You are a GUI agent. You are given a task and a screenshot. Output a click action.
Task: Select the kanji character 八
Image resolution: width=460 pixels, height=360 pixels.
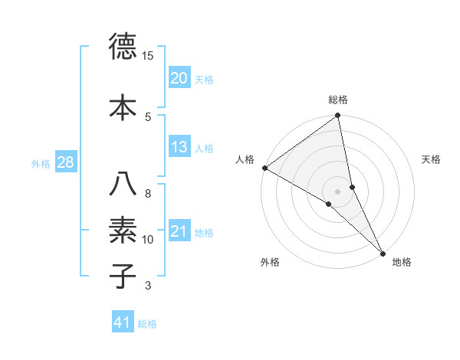point(123,184)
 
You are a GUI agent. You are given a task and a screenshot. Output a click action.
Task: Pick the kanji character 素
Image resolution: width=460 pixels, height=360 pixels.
point(123,230)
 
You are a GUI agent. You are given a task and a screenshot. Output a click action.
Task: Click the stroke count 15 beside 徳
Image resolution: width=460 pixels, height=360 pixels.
point(148,56)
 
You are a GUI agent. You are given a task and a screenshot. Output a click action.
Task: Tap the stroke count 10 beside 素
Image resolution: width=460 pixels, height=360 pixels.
point(148,240)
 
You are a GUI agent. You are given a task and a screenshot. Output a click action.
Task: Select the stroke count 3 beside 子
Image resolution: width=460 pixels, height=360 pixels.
point(148,286)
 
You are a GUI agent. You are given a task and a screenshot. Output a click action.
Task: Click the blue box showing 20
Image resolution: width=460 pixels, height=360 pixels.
point(179,77)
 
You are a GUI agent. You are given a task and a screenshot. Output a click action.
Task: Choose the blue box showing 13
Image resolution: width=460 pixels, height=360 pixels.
point(179,147)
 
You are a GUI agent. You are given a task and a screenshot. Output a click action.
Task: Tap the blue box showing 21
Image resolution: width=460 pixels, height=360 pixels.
point(179,231)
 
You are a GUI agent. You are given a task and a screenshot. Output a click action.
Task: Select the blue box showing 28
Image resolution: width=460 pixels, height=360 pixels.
point(65,162)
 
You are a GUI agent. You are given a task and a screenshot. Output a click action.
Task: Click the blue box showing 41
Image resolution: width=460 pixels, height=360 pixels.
point(123,322)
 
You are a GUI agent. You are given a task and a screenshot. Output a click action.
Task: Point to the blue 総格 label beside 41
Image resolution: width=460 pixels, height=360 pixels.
point(147,324)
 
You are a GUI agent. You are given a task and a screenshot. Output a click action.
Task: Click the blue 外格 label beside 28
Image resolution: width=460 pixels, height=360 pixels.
point(41,163)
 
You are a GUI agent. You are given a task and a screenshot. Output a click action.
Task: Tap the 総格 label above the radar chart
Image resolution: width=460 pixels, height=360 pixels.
point(338,100)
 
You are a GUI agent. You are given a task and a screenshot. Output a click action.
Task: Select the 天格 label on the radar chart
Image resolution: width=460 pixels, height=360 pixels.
point(432,159)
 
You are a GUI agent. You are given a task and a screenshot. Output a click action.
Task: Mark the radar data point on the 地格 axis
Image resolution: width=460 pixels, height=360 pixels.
point(383,253)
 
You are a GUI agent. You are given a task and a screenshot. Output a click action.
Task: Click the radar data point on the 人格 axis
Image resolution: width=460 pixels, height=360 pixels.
point(264,168)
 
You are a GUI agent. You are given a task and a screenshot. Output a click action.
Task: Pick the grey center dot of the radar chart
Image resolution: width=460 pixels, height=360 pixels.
point(337,191)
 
